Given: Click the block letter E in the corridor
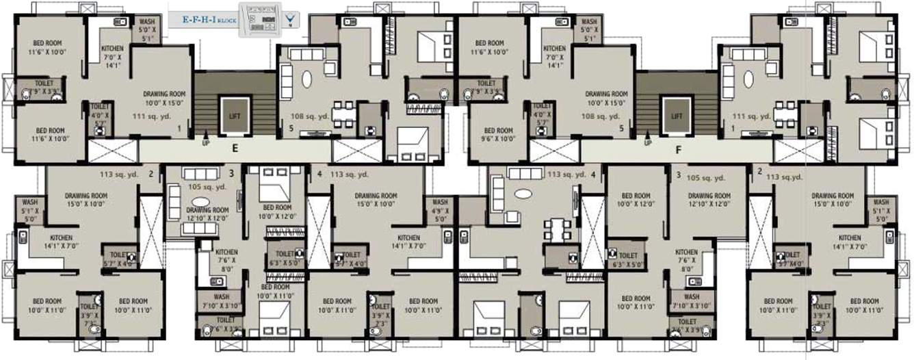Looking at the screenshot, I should [x=234, y=146].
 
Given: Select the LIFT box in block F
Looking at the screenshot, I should [x=677, y=116].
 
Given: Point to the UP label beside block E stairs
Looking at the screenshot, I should [x=206, y=144].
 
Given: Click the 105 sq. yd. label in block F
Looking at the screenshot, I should [x=706, y=177].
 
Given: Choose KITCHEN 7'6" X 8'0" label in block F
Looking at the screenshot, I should [x=686, y=260].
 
